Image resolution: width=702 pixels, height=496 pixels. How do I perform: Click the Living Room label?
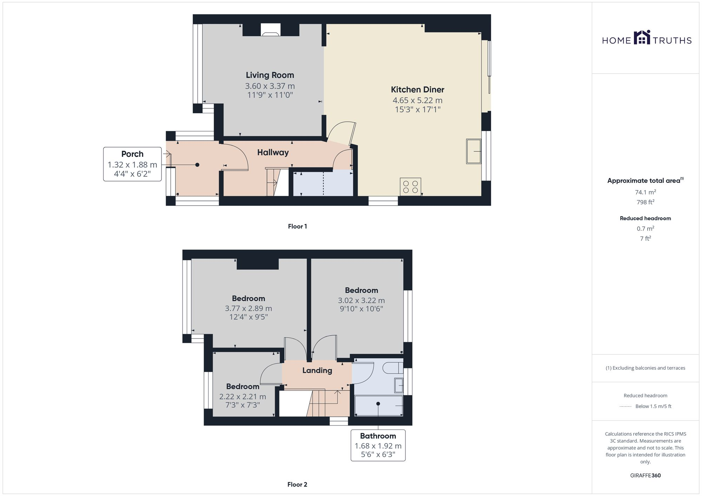click(270, 75)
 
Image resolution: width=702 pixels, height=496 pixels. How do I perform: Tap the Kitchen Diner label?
click(417, 89)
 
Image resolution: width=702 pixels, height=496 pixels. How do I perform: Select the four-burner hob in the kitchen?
click(410, 187)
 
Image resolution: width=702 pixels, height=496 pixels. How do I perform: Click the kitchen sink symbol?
click(473, 151)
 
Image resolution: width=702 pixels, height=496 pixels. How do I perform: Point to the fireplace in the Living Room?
click(270, 32)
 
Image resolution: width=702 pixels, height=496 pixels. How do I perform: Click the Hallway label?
click(273, 152)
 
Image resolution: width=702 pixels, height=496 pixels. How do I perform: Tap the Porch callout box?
click(132, 164)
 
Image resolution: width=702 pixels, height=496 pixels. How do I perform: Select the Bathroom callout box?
click(378, 445)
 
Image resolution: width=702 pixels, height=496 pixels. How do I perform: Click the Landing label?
click(317, 371)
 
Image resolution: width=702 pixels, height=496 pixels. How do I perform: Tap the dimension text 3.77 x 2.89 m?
click(248, 308)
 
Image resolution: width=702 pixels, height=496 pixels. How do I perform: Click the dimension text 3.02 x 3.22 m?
click(361, 300)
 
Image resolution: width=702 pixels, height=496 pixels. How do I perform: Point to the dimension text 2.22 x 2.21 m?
click(243, 397)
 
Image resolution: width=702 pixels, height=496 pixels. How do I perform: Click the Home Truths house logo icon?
click(642, 38)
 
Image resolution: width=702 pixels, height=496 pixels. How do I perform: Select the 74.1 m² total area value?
click(645, 192)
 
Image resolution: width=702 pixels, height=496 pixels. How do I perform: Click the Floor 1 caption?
click(297, 226)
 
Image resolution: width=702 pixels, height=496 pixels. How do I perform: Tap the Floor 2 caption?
click(297, 484)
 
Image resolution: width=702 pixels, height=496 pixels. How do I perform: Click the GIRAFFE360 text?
click(645, 476)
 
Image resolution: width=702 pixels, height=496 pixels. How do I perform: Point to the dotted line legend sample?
click(625, 407)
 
